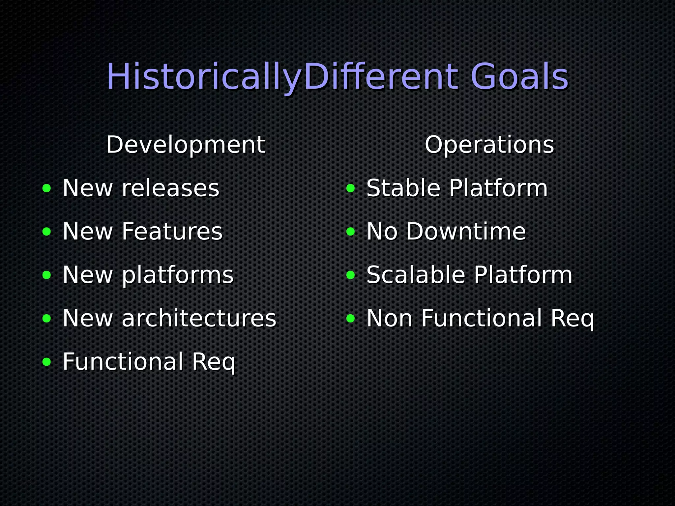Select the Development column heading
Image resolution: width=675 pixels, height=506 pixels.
(185, 145)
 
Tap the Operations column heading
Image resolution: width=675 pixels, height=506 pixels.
(489, 145)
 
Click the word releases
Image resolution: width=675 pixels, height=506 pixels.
(170, 188)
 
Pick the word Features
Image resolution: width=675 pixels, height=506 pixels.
(172, 232)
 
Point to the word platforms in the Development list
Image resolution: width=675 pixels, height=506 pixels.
(178, 275)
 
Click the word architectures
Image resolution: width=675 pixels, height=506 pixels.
(199, 318)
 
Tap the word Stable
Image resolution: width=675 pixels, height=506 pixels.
(403, 188)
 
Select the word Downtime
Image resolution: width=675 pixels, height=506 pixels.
(466, 232)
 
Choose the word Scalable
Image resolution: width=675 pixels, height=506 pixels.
(416, 275)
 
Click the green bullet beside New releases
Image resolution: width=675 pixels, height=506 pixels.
(47, 188)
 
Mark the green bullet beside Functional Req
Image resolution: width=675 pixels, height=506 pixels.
(47, 362)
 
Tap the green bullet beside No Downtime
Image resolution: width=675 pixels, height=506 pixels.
(351, 232)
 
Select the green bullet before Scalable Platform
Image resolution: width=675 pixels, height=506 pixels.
(351, 275)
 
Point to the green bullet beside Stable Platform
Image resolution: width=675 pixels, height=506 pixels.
(351, 188)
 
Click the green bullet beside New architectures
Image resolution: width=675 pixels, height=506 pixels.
(47, 319)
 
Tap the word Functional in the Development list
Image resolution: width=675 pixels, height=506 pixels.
(123, 362)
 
